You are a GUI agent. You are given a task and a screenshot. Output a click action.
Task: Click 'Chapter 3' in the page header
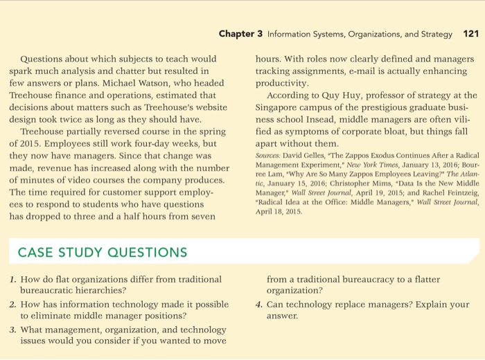241,34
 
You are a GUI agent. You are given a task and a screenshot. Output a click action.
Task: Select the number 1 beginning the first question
13,279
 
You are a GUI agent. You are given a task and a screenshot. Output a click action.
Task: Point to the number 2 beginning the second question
13,304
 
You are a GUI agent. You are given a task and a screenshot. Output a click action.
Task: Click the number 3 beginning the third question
13,330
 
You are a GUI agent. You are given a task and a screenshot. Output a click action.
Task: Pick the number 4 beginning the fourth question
258,304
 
